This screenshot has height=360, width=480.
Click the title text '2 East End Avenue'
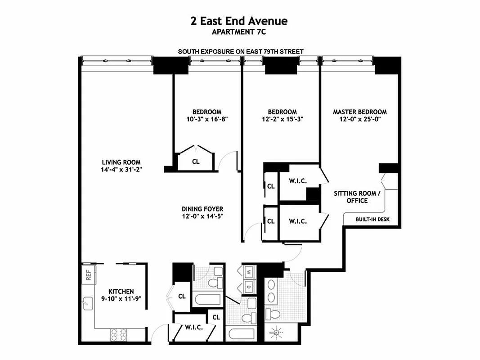[239, 21]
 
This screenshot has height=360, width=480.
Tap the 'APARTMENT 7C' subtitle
[239, 32]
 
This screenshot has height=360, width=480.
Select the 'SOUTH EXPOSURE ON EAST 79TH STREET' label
[241, 52]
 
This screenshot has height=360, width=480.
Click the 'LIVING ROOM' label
[121, 162]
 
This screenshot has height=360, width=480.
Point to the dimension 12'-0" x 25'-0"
[359, 120]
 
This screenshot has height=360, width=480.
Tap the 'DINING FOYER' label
[202, 209]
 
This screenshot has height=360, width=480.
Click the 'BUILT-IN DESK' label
[372, 220]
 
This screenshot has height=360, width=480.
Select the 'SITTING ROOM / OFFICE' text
[357, 197]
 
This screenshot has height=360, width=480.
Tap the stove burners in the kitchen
[119, 334]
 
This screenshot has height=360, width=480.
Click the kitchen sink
[87, 305]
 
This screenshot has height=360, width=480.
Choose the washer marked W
[249, 272]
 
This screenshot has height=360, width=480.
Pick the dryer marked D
[249, 286]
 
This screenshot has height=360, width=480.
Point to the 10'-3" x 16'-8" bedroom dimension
[206, 120]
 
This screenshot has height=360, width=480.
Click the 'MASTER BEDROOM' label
[359, 112]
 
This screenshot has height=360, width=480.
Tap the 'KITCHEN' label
[121, 292]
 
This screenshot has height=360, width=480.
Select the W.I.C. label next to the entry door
[194, 328]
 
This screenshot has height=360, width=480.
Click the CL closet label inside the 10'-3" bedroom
[196, 161]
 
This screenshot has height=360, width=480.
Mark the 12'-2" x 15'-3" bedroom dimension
[282, 120]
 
